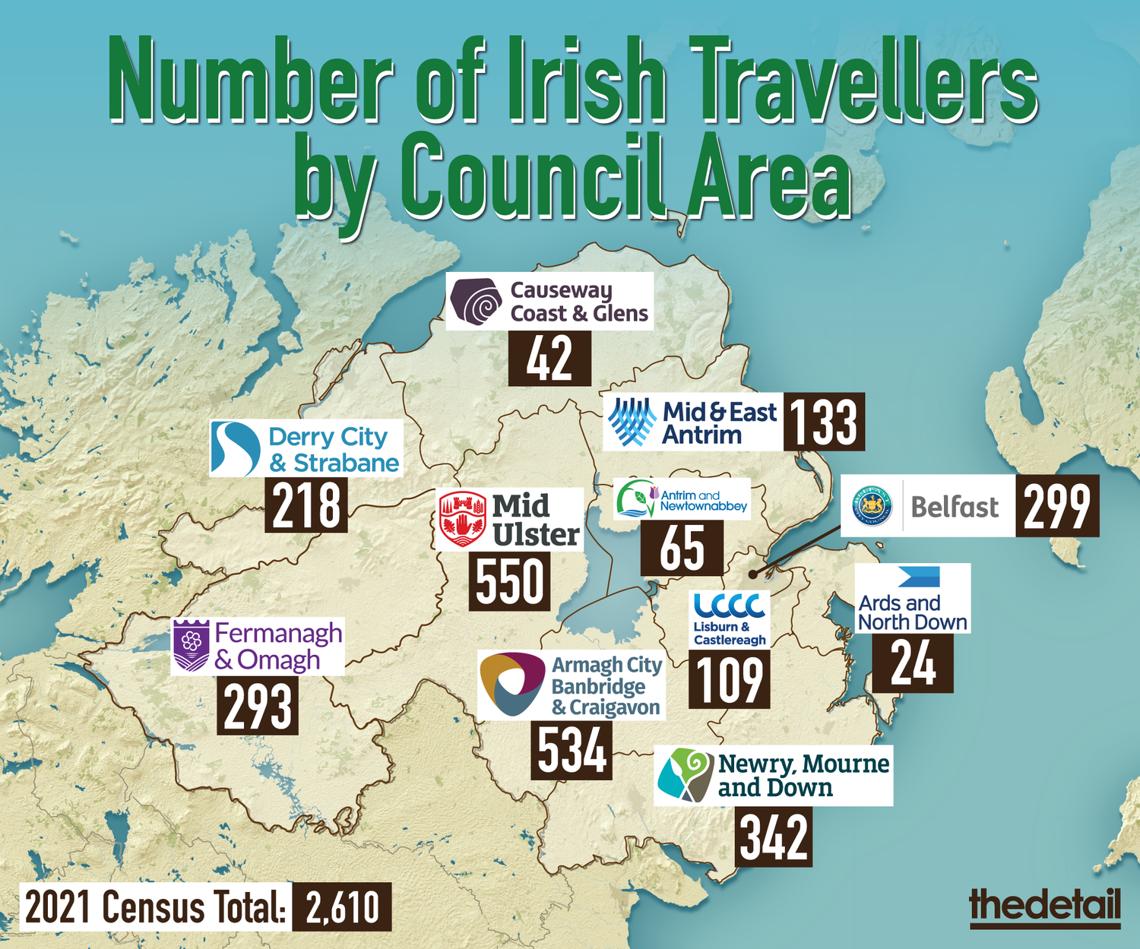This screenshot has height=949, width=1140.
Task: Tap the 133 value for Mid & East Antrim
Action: [x=824, y=422]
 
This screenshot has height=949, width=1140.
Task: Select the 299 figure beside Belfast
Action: [x=1056, y=506]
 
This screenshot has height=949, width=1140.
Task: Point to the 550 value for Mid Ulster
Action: [x=510, y=581]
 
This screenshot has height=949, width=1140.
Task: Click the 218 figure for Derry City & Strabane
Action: [x=306, y=505]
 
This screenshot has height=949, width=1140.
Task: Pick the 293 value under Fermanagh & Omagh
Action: [x=258, y=707]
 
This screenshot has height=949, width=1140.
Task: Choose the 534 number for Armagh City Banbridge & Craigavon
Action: [x=572, y=751]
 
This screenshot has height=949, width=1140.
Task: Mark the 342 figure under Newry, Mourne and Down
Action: [x=773, y=837]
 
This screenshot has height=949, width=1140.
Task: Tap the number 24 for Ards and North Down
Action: [x=912, y=664]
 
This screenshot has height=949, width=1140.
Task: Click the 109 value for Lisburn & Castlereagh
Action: [x=729, y=680]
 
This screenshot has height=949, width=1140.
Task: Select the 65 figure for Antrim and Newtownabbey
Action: [x=682, y=548]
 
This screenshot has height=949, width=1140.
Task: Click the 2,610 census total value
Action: [x=342, y=907]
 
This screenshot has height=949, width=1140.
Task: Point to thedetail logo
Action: [x=1045, y=906]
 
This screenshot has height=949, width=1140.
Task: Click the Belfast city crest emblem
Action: [x=872, y=506]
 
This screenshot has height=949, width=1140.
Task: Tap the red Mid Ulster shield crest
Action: [x=462, y=520]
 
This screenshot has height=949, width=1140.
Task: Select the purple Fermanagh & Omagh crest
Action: [x=192, y=646]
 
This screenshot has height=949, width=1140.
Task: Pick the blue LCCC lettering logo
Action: [x=729, y=606]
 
